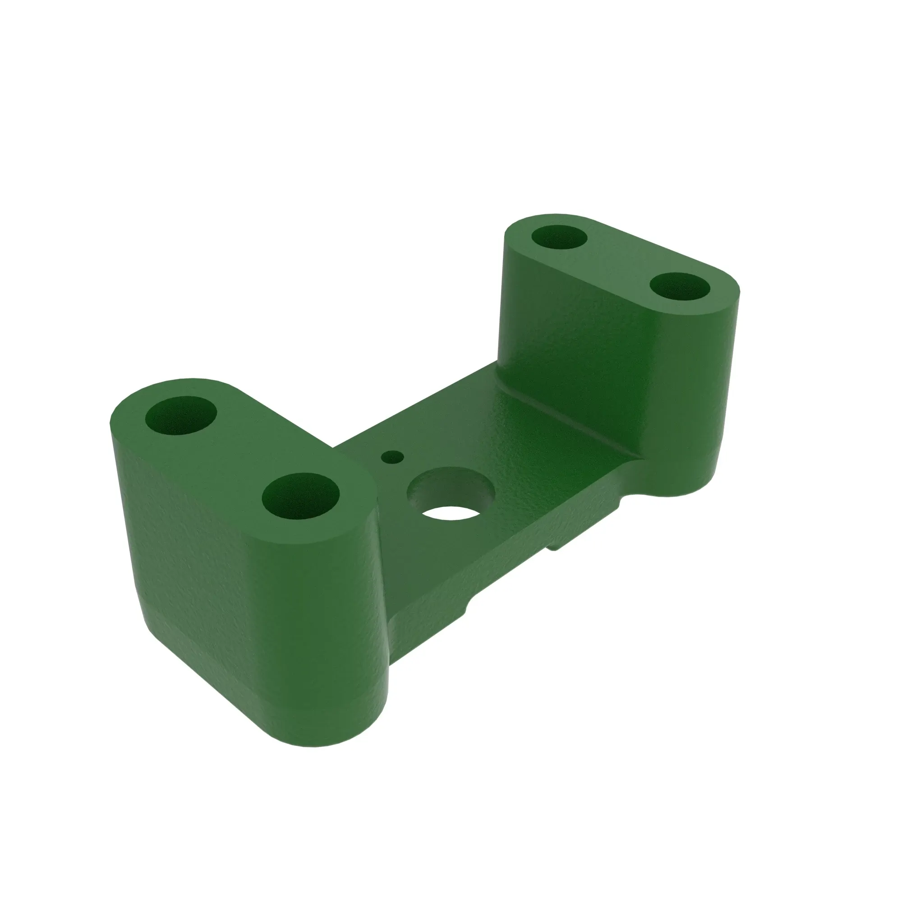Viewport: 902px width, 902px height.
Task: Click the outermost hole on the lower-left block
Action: (181, 415)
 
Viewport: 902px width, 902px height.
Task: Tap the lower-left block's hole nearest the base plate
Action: (301, 497)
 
